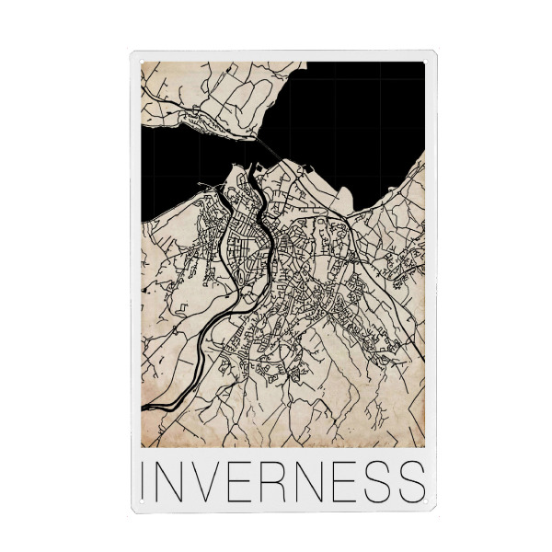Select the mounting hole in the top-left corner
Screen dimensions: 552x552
tap(135, 57)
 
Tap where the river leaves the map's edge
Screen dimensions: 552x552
tap(144, 405)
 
